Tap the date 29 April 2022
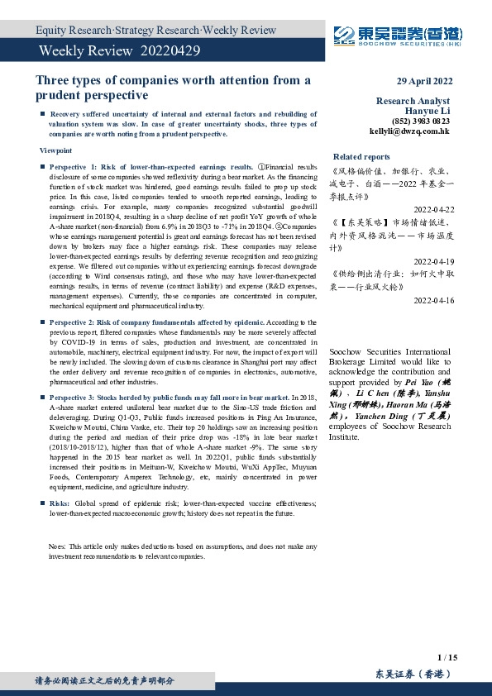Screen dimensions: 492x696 pyautogui.click(x=424, y=81)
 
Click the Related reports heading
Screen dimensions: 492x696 pyautogui.click(x=361, y=156)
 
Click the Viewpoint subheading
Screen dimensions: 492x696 pyautogui.click(x=55, y=150)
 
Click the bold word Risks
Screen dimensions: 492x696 pyautogui.click(x=60, y=503)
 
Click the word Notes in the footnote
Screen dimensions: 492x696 pyautogui.click(x=57, y=546)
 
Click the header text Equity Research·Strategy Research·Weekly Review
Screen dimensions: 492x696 pyautogui.click(x=156, y=31)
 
